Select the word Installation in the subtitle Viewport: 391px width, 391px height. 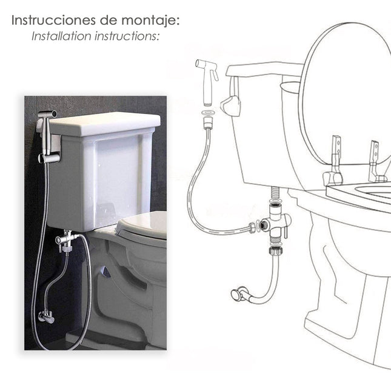point(61,36)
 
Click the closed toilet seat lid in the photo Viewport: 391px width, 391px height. point(143,224)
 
